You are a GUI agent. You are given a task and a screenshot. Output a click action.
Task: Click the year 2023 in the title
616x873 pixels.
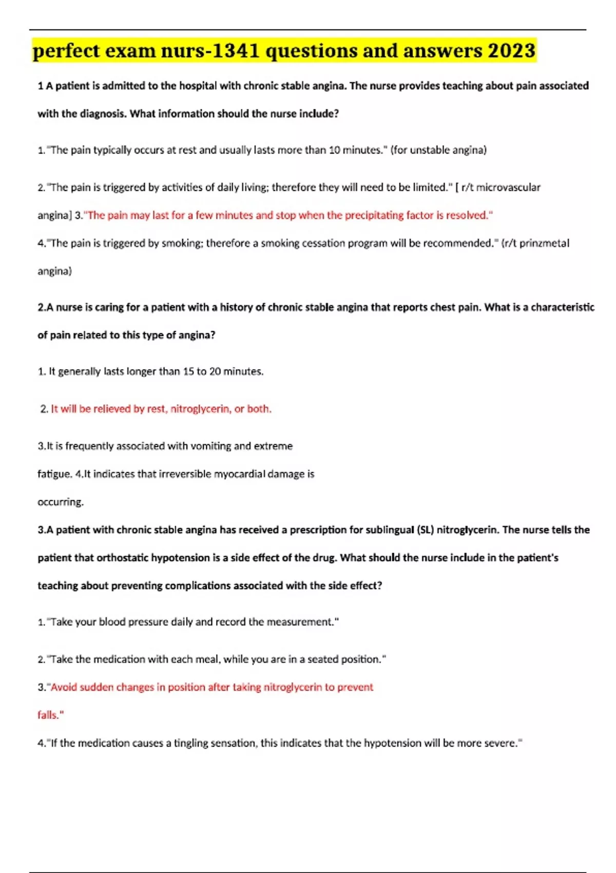[511, 51]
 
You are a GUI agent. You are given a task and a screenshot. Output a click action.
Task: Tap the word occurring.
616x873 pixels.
[61, 502]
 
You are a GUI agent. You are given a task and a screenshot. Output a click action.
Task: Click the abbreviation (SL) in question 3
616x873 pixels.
[425, 529]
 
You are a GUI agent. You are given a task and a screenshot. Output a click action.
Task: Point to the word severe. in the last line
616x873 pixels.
[504, 743]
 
